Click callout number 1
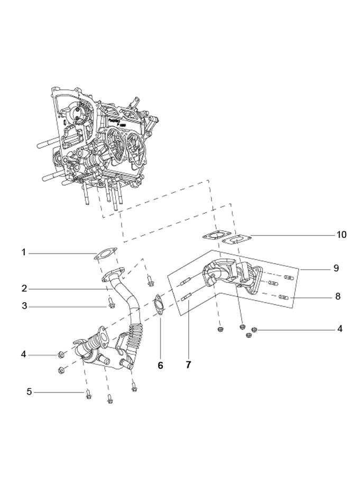click(24, 253)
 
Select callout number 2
click(24, 288)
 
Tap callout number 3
click(24, 305)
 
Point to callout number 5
click(29, 391)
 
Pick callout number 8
click(337, 296)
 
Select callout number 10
click(341, 234)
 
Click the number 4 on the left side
click(24, 354)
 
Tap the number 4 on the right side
click(340, 329)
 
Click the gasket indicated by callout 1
click(105, 253)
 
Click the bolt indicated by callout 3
click(112, 303)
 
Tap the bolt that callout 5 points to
click(88, 394)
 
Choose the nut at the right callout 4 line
click(254, 330)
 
